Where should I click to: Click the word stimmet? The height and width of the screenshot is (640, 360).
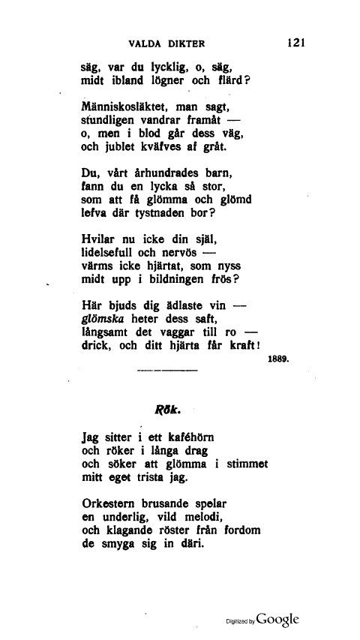pos(245,464)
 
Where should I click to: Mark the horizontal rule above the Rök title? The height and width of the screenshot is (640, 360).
pos(166,371)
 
